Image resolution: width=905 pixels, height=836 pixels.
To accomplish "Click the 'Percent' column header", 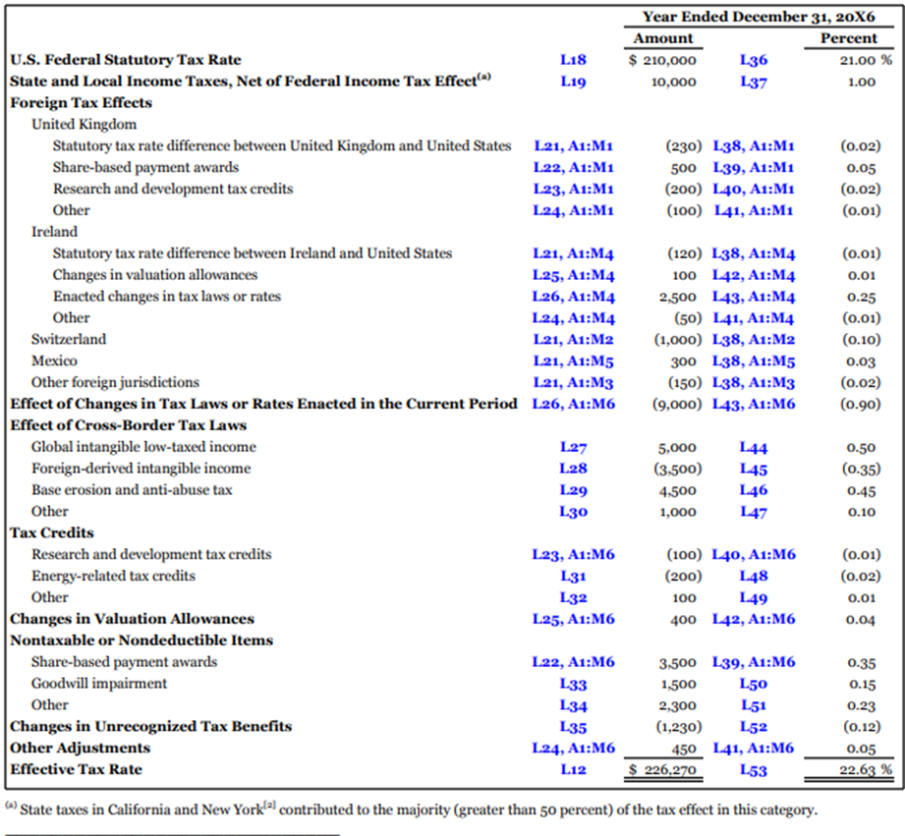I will pos(848,38).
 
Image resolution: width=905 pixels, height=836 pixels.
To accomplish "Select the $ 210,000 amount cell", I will pos(662,60).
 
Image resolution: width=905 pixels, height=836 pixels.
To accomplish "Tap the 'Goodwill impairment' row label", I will pos(99,684).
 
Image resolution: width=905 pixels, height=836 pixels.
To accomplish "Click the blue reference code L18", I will pos(573,60).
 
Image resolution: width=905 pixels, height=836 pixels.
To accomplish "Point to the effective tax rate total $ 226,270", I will pos(662,770).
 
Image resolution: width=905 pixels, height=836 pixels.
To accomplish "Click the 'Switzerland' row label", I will pos(69,340).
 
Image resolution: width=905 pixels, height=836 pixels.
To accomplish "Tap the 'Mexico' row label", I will pos(54,362).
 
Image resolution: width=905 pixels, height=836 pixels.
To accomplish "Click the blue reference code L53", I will pos(754,770).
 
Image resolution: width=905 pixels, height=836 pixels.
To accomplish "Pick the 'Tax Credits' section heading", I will pos(52,532).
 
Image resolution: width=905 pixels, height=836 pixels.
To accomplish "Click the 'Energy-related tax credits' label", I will pos(113,576).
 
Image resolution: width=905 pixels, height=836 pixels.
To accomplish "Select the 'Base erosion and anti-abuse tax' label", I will pos(132,490).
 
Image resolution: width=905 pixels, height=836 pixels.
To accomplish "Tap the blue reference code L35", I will pos(573,727).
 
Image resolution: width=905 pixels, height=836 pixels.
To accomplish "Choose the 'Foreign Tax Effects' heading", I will pos(81,102).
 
